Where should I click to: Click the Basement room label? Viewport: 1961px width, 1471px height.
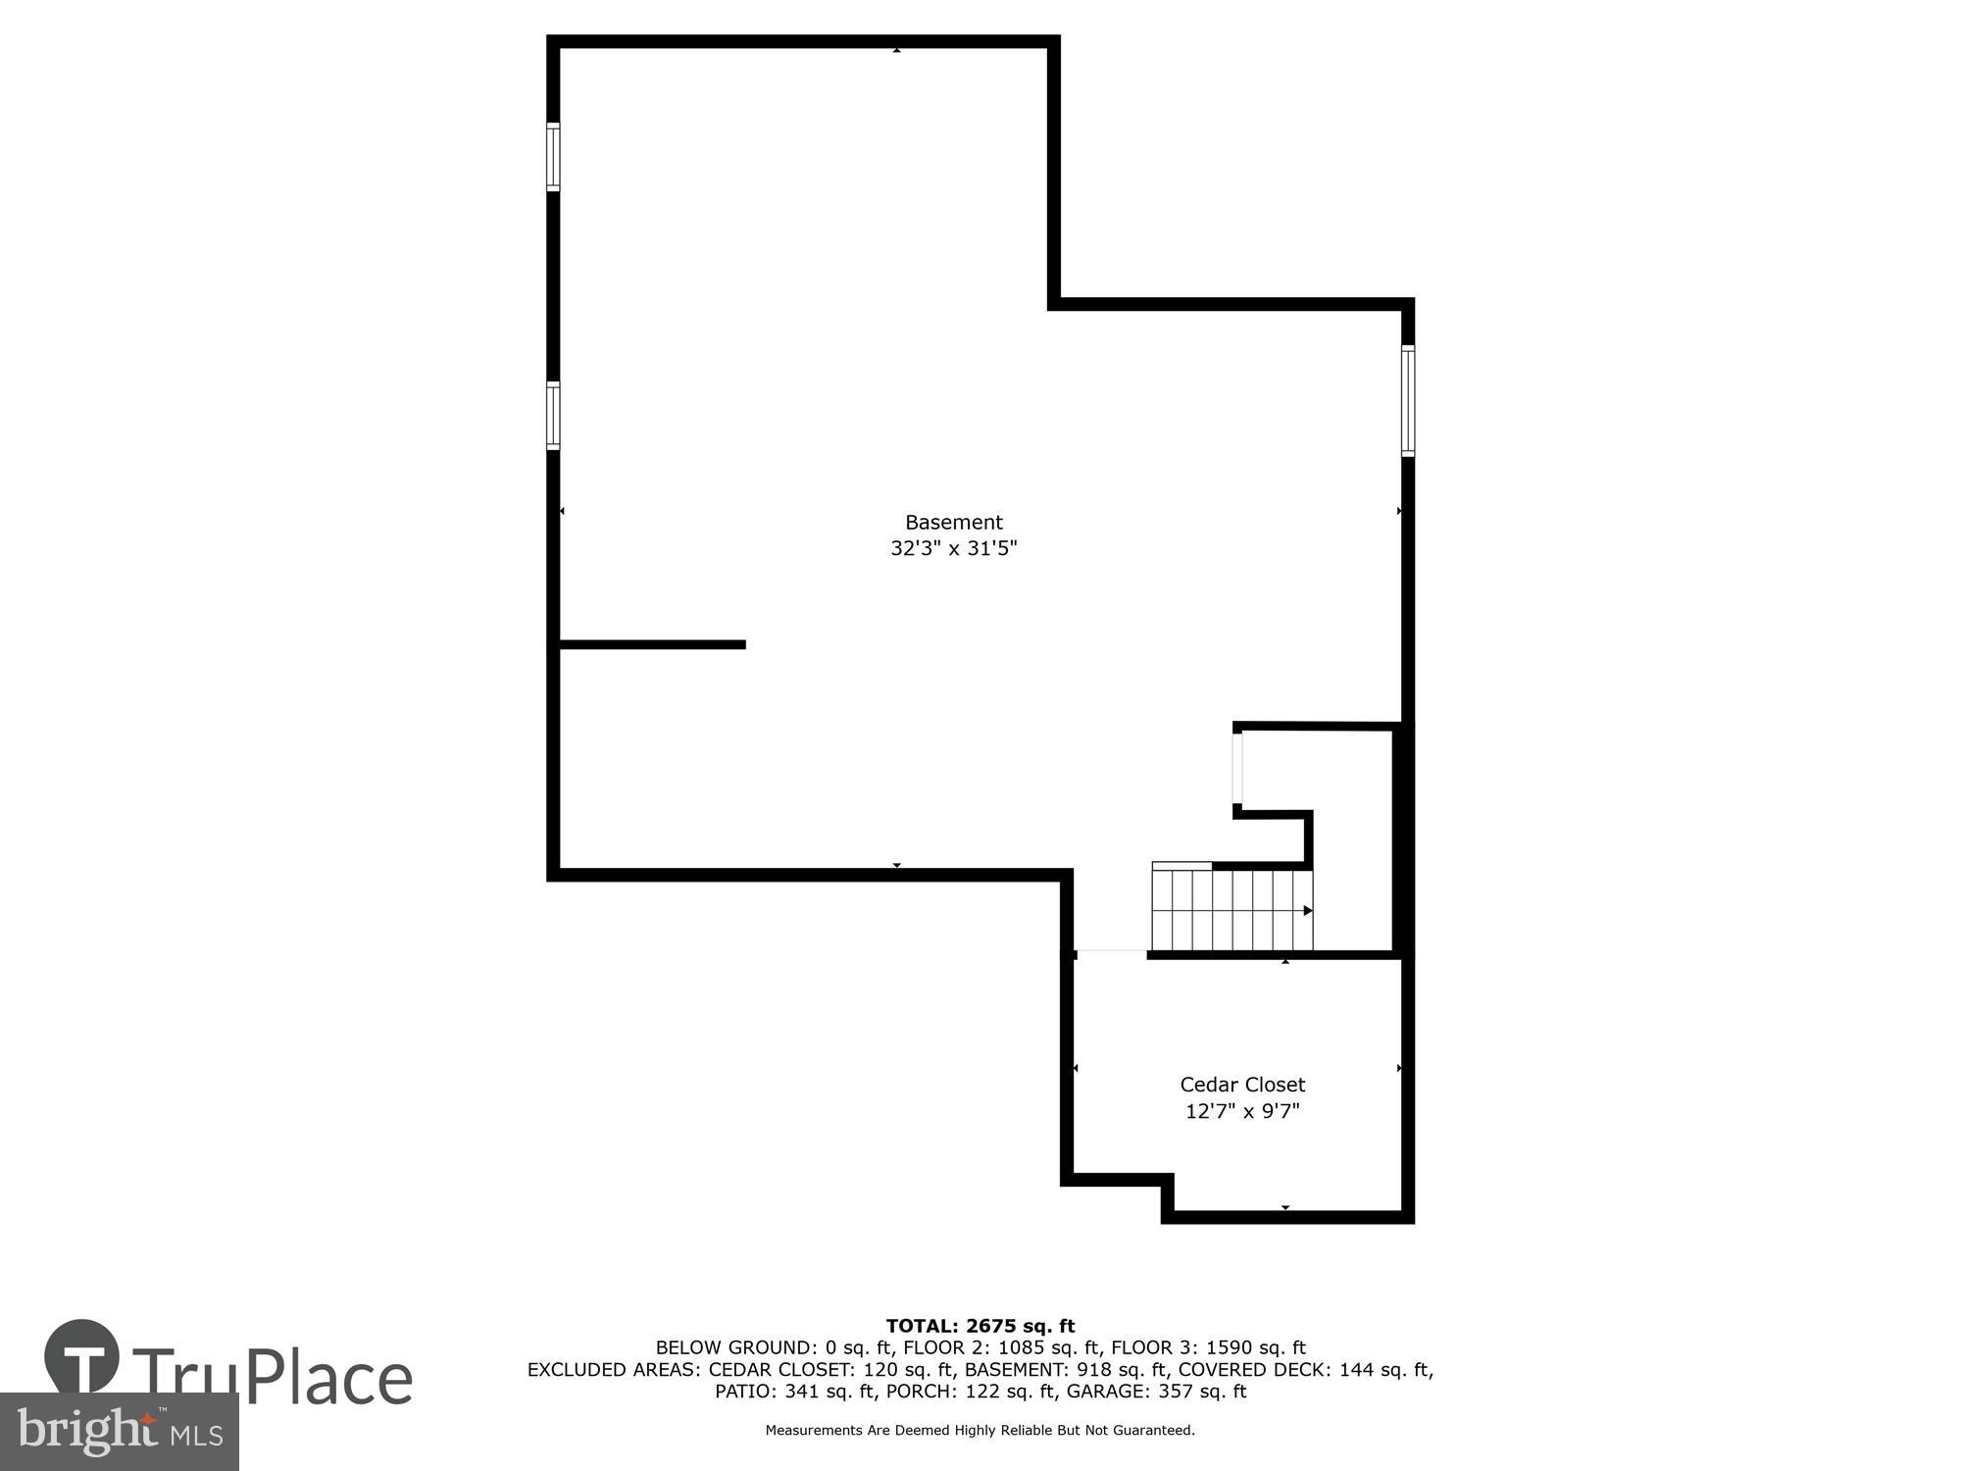[953, 523]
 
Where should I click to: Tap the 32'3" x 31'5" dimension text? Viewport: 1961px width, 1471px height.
[953, 548]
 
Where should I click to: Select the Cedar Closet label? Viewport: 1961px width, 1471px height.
[1242, 1085]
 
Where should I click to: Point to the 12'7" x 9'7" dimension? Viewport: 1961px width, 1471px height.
[1242, 1111]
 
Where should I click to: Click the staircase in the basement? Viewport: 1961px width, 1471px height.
[1232, 910]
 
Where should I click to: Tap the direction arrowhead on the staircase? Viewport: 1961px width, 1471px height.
[1308, 911]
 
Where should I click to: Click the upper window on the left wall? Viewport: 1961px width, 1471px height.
[553, 157]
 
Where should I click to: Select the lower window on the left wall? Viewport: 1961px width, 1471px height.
[553, 416]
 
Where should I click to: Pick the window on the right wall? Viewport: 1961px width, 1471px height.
[1408, 400]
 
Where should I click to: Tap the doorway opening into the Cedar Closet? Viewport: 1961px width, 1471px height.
[1111, 953]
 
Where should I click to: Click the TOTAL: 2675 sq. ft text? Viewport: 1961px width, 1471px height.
[980, 1327]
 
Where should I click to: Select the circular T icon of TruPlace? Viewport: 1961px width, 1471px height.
[81, 1356]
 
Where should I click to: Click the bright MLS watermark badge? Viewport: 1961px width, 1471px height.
[119, 1432]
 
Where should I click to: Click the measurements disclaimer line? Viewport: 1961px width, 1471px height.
[980, 1431]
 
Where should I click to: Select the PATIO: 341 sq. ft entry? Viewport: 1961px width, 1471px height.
[795, 1391]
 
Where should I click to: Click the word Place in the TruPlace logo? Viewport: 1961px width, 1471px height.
[328, 1378]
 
